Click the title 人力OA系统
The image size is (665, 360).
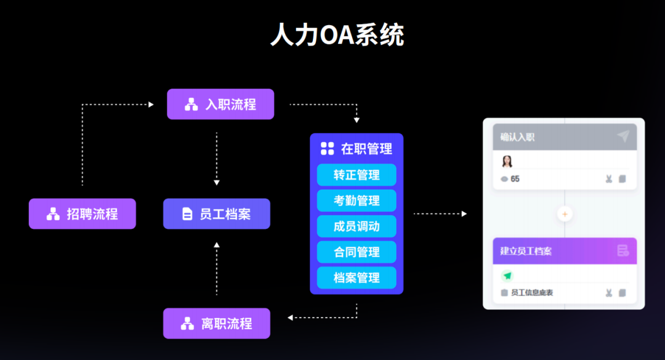(337, 36)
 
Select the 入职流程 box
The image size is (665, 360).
(220, 104)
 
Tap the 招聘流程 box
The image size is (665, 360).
(82, 214)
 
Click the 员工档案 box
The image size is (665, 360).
(216, 214)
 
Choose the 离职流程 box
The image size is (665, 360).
(216, 323)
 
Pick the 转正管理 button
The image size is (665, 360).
(357, 175)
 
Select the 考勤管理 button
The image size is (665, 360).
(357, 201)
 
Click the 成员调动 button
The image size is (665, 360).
(357, 226)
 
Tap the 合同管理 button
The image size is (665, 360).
(357, 252)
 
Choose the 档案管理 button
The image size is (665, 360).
(357, 278)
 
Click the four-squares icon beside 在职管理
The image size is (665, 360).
(327, 148)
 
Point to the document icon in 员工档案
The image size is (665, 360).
(187, 214)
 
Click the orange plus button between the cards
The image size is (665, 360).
(565, 214)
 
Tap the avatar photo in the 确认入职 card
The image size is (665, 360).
(507, 162)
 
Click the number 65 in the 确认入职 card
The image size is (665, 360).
(515, 179)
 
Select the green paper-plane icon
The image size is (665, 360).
(507, 276)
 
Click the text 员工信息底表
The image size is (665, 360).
(531, 293)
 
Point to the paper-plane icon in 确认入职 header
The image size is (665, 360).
(623, 137)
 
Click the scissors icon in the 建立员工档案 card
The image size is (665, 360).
(608, 293)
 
